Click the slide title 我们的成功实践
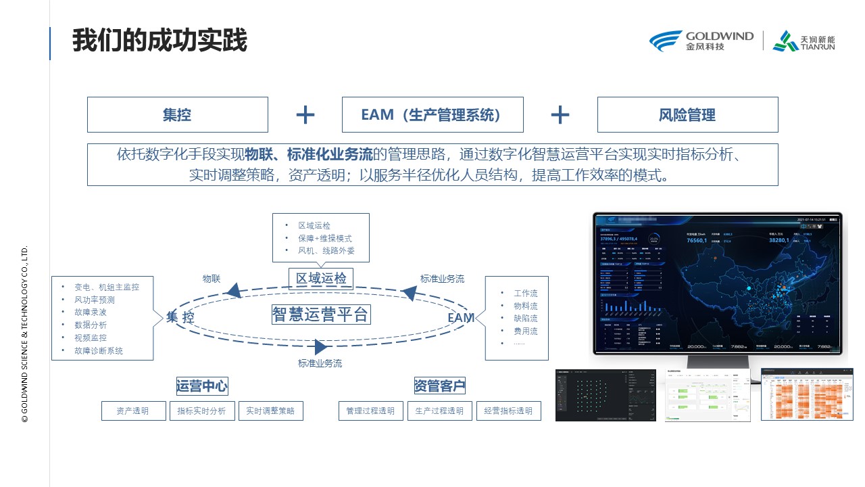[160, 41]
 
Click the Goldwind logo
[701, 41]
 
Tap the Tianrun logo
[804, 41]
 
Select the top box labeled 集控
[177, 115]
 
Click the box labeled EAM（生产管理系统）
[432, 115]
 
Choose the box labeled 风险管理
[687, 115]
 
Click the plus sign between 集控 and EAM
[305, 115]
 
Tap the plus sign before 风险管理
[560, 115]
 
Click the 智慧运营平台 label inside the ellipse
[320, 315]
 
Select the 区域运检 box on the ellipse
[321, 279]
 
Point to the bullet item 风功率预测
[95, 300]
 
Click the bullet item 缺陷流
[525, 319]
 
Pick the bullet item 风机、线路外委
[326, 251]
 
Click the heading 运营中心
[202, 386]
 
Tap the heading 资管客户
[440, 386]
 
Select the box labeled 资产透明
[133, 411]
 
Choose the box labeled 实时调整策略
[270, 411]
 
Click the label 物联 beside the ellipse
[212, 279]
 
